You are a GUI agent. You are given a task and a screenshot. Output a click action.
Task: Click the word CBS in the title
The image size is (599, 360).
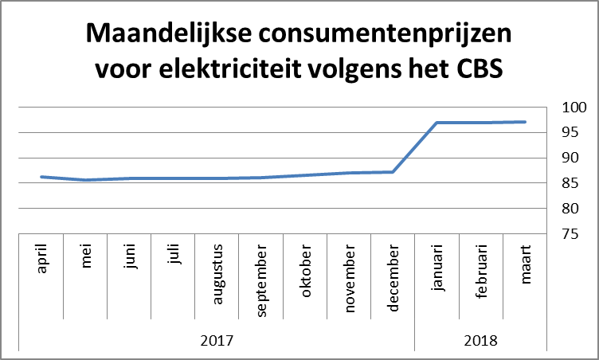(479, 69)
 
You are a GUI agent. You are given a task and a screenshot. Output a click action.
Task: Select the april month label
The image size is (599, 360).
(41, 260)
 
